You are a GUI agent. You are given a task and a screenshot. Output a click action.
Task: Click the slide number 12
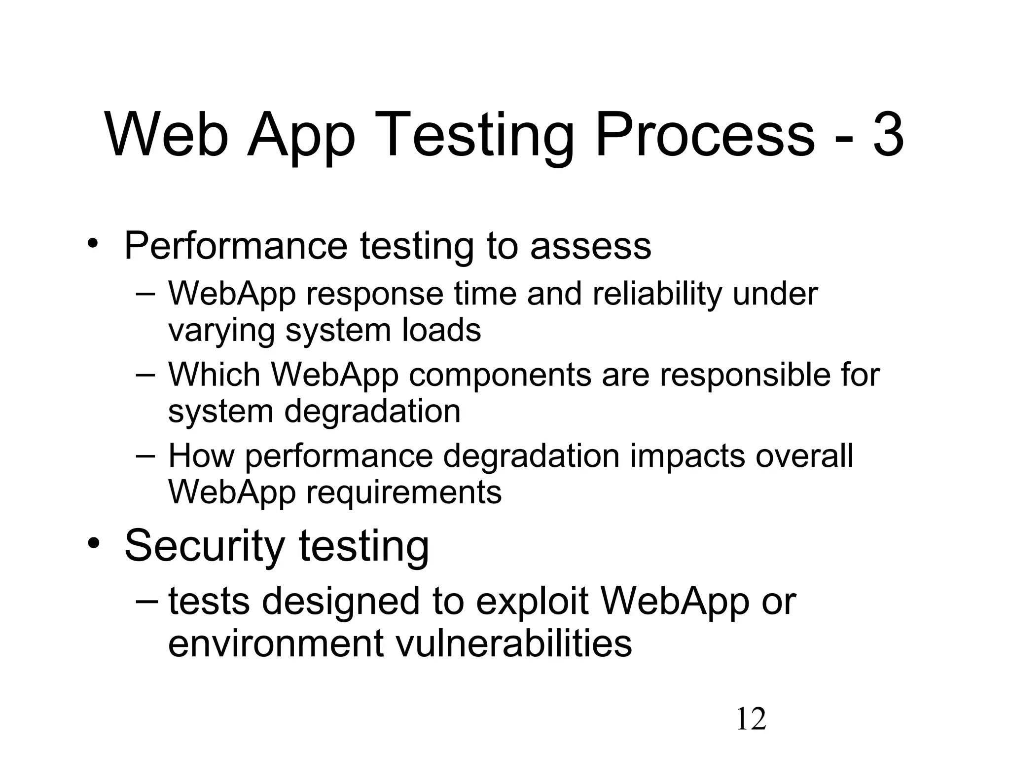click(x=751, y=720)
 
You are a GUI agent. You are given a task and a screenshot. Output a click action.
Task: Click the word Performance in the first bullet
click(x=236, y=245)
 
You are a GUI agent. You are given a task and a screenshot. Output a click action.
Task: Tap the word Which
click(x=214, y=374)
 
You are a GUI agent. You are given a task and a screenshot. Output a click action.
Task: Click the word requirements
click(x=404, y=493)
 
